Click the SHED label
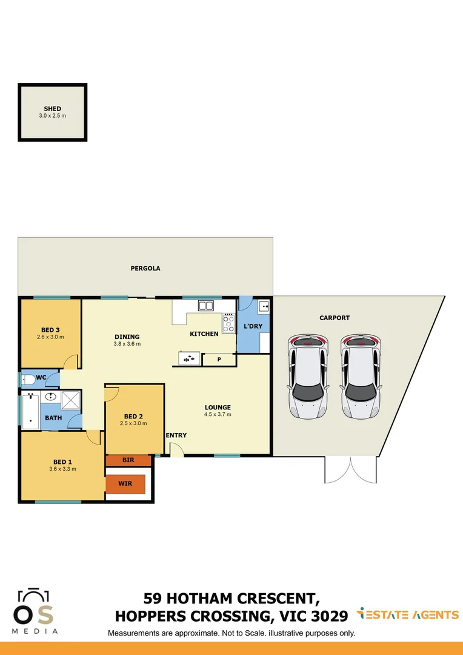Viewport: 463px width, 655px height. click(x=52, y=109)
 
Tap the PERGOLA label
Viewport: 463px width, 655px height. click(x=145, y=268)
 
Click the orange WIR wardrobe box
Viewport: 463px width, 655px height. click(x=126, y=483)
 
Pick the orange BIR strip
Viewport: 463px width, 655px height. click(x=128, y=460)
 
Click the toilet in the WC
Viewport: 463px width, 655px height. click(x=28, y=380)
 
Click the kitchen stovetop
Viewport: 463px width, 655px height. click(x=228, y=322)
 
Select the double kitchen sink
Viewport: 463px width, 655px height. click(x=205, y=306)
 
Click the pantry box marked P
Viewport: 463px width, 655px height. click(x=219, y=359)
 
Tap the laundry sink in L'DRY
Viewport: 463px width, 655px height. click(x=263, y=307)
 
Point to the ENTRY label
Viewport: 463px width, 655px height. click(x=176, y=435)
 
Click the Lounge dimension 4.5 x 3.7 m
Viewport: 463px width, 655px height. click(x=218, y=415)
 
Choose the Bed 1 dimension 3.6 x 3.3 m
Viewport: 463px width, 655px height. click(x=62, y=469)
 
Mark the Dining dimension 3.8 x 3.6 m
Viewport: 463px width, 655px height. click(x=127, y=344)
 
